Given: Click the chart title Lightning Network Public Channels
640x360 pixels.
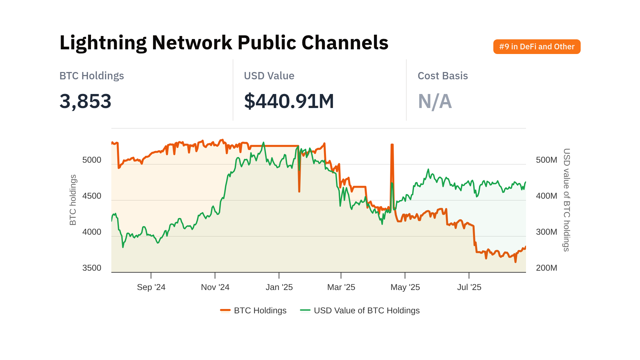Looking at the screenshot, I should coord(224,43).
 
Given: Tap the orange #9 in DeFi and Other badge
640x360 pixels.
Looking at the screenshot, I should coord(537,47).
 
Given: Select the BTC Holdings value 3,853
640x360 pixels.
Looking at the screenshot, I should coord(85,101).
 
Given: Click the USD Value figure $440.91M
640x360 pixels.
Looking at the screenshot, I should coord(289,101).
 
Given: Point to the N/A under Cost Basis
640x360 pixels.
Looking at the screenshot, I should coord(435,101).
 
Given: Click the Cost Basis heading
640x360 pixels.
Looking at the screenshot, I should coord(443,76).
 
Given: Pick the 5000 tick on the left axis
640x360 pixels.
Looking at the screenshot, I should coord(92,160).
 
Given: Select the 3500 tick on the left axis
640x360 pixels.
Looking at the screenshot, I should coord(92,268).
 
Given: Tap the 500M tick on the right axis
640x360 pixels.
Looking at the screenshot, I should coord(546,160).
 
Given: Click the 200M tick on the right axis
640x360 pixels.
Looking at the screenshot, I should coord(546,268).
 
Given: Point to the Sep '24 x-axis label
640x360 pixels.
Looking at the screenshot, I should coord(151,287).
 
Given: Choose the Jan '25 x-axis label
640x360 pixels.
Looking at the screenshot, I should coord(279,287).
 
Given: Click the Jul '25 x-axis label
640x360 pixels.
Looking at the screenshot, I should coord(469,287).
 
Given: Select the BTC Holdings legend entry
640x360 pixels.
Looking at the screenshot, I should coord(253,311).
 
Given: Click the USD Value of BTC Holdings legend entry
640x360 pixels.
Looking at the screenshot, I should coord(360,311).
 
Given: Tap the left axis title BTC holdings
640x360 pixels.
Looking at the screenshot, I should coord(73,200).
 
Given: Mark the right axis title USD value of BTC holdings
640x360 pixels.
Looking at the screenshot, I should coord(566,200).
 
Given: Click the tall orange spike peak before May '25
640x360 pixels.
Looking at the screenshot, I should coord(392,145).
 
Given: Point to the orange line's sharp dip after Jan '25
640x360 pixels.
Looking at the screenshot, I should coord(299,191).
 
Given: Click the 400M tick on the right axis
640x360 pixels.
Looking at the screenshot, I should coord(546,196).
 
